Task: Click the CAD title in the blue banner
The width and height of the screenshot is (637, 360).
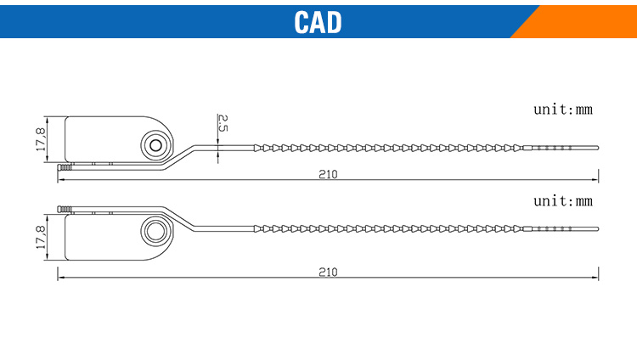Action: click(318, 22)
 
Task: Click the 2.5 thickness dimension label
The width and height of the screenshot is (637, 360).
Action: click(223, 123)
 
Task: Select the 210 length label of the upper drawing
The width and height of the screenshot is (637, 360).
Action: click(328, 174)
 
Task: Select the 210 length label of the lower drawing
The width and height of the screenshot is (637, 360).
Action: click(328, 272)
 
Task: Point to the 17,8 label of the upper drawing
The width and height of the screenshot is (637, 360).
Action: click(41, 139)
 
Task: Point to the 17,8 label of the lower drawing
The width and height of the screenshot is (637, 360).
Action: click(41, 237)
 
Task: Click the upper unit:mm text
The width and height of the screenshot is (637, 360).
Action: click(563, 110)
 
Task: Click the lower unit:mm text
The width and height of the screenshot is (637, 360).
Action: click(563, 201)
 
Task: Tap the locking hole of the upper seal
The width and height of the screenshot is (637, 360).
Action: click(156, 145)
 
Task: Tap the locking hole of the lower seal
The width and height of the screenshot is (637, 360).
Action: click(156, 232)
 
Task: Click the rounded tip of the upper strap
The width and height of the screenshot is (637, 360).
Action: click(597, 148)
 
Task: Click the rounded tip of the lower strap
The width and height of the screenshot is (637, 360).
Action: click(597, 229)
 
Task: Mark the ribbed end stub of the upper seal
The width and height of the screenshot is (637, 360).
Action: click(65, 167)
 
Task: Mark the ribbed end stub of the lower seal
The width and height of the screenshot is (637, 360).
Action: click(65, 209)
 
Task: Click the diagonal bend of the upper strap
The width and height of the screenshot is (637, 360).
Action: click(178, 157)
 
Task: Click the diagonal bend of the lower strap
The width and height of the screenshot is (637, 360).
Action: click(178, 219)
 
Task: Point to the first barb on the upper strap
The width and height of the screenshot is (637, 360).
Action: click(257, 148)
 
